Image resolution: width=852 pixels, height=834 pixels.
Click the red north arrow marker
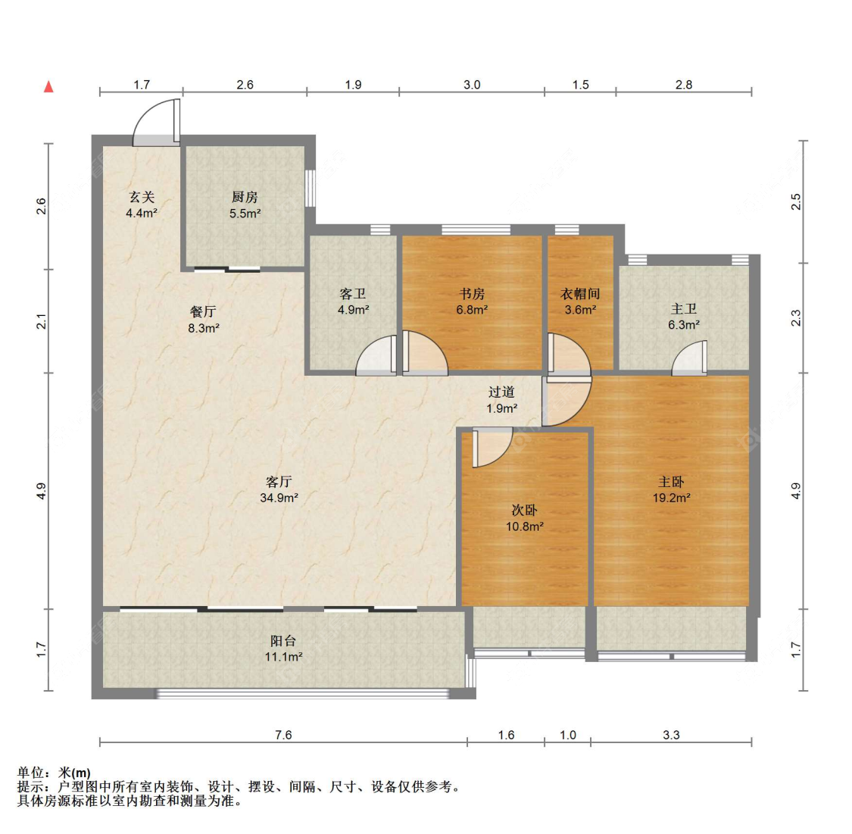(48, 86)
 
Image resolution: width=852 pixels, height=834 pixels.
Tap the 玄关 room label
(141, 205)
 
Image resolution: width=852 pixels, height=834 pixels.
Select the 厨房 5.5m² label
(245, 205)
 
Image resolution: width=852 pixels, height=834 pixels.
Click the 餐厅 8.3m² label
(203, 320)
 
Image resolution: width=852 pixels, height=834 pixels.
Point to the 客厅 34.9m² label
(279, 489)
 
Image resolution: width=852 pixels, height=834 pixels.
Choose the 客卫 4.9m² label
(353, 301)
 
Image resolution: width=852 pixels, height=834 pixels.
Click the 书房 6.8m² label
(471, 301)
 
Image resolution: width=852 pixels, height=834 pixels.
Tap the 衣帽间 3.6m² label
(580, 301)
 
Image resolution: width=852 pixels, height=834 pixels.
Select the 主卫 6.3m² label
(683, 317)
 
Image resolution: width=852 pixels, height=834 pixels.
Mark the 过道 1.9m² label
(501, 400)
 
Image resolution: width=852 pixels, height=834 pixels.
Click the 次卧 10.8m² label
(524, 518)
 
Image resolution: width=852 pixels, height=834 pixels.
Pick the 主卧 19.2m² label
(671, 489)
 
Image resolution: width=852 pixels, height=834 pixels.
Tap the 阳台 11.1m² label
(283, 648)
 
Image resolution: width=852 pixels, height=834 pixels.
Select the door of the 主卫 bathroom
(689, 359)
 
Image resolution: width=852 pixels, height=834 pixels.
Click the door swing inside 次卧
(491, 447)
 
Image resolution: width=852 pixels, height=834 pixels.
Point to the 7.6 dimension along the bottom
(282, 735)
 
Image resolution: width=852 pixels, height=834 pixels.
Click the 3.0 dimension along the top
(471, 85)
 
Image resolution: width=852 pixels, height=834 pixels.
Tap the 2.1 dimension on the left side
(42, 321)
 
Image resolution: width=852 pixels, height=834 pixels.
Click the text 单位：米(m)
(54, 773)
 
